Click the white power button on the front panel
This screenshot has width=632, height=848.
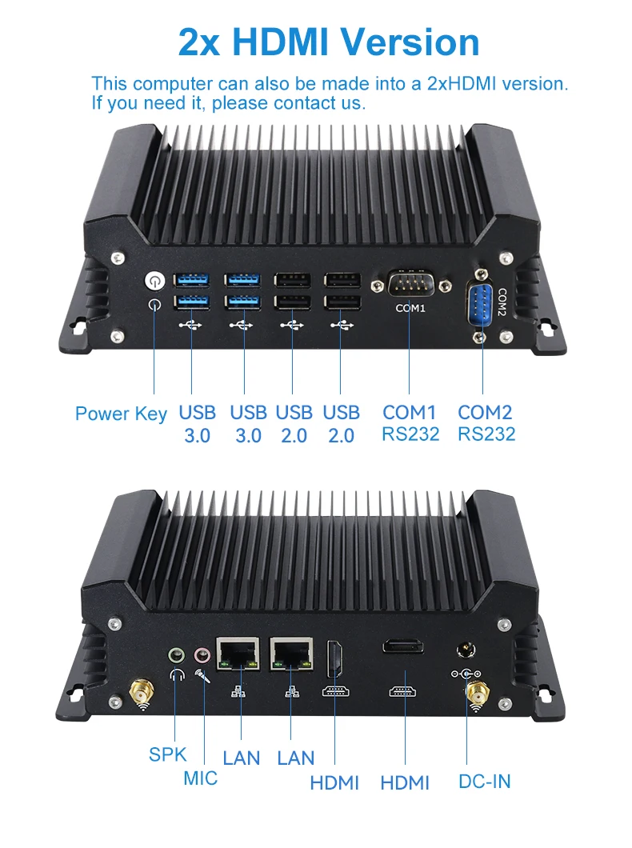(x=154, y=282)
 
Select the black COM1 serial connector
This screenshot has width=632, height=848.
(x=410, y=285)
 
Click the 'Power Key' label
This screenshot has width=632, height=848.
(x=121, y=414)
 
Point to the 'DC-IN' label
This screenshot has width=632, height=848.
(x=485, y=782)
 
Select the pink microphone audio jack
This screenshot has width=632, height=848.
(x=202, y=656)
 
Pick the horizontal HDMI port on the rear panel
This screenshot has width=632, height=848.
(x=403, y=646)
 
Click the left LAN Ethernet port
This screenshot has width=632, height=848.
(x=238, y=654)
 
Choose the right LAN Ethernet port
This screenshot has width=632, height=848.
(x=291, y=654)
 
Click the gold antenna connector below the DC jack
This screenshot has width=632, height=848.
(x=477, y=692)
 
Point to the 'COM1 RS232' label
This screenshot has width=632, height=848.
(x=410, y=423)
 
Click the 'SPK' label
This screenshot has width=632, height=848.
(x=167, y=754)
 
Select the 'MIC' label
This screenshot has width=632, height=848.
(x=201, y=778)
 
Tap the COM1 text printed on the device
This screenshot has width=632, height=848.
(x=410, y=308)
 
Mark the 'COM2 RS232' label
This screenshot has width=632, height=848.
(x=486, y=423)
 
